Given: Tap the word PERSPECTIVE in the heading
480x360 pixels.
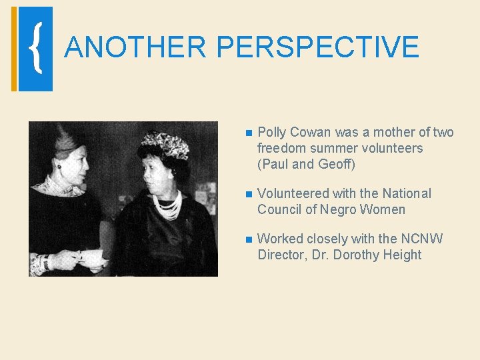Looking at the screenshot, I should point(318,47).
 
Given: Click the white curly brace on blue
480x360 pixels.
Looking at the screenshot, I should point(38,48).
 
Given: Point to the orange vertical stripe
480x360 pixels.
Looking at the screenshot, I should point(14,48).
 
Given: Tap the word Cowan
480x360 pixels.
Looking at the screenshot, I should point(311,132).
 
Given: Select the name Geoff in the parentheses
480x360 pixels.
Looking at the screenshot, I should point(337,164).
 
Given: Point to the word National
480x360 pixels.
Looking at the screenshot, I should point(407,193).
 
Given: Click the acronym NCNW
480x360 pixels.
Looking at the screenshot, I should point(423,239).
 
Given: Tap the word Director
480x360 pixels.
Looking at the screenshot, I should point(282,255).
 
